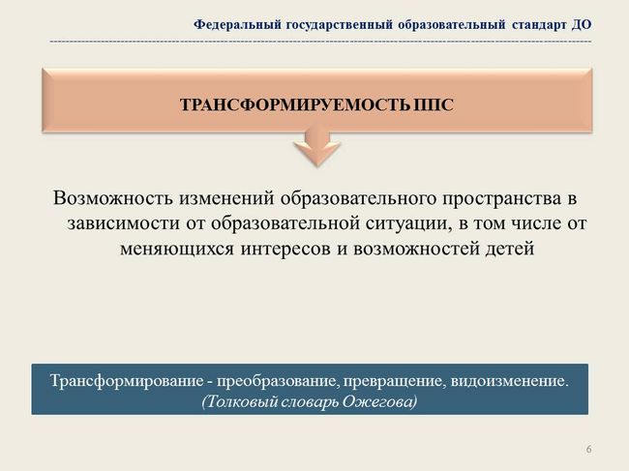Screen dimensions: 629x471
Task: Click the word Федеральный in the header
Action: [x=237, y=25]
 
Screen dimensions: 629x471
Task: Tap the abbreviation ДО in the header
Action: [x=582, y=25]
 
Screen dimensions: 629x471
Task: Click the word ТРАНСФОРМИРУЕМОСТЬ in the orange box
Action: [x=295, y=105]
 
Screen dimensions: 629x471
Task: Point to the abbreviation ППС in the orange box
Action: [x=434, y=105]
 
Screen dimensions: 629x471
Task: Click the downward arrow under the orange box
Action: [x=317, y=146]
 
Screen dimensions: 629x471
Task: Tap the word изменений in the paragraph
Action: [x=226, y=198]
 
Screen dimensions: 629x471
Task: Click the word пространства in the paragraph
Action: [x=502, y=199]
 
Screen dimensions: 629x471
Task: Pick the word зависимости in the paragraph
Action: [x=123, y=223]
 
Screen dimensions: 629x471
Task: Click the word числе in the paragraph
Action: [x=535, y=223]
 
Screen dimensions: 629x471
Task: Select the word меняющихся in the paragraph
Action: [x=176, y=249]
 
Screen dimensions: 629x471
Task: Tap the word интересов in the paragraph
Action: [x=285, y=249]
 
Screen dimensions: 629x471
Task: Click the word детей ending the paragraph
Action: [x=510, y=249]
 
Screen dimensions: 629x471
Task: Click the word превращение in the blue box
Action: [x=394, y=381]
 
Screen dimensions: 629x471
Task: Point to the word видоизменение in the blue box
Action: [x=509, y=380]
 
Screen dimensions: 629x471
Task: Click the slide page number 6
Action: [x=588, y=449]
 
